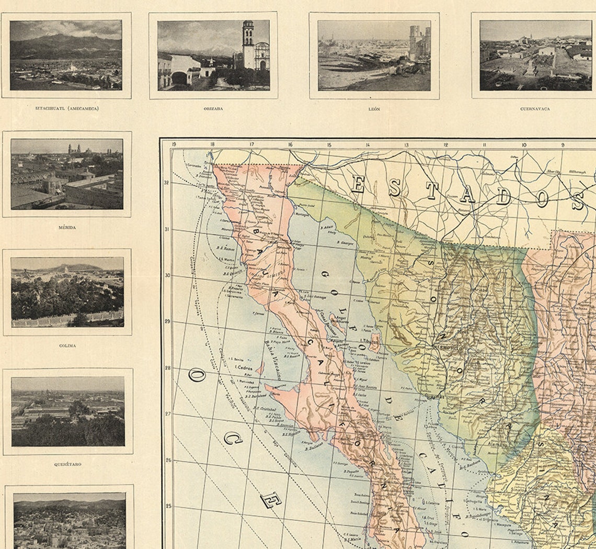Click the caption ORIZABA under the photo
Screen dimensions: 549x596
(213, 109)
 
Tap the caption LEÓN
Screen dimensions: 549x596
(374, 109)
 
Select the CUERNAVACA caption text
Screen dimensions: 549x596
(535, 109)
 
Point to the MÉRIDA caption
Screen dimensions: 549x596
(67, 228)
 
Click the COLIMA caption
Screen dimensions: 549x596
(67, 346)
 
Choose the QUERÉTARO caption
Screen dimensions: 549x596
(67, 464)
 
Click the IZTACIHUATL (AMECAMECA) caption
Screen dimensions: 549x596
(66, 109)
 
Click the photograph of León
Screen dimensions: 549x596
(374, 55)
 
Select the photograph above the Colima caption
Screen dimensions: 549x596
(67, 292)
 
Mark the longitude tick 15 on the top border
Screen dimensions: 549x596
(329, 145)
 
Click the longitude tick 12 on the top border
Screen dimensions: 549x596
(446, 145)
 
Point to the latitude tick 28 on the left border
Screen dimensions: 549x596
(167, 368)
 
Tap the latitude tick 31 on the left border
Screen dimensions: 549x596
(167, 229)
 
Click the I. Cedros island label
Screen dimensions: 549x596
(244, 367)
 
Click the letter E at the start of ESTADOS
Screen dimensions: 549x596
(358, 185)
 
